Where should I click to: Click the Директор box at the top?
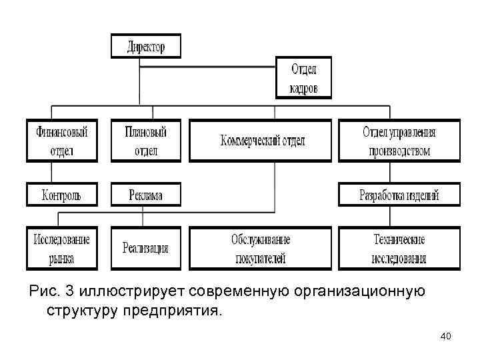[145, 47]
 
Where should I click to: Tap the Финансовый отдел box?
[61, 140]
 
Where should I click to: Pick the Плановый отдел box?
[145, 140]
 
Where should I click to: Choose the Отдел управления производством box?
[399, 140]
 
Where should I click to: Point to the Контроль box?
[61, 195]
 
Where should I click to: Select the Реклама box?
[145, 195]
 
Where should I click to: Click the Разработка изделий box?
[399, 195]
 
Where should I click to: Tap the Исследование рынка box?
[61, 248]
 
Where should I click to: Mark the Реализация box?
[145, 248]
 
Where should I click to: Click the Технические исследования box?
[399, 248]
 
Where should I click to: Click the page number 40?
[445, 337]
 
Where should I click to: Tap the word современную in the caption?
[245, 291]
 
